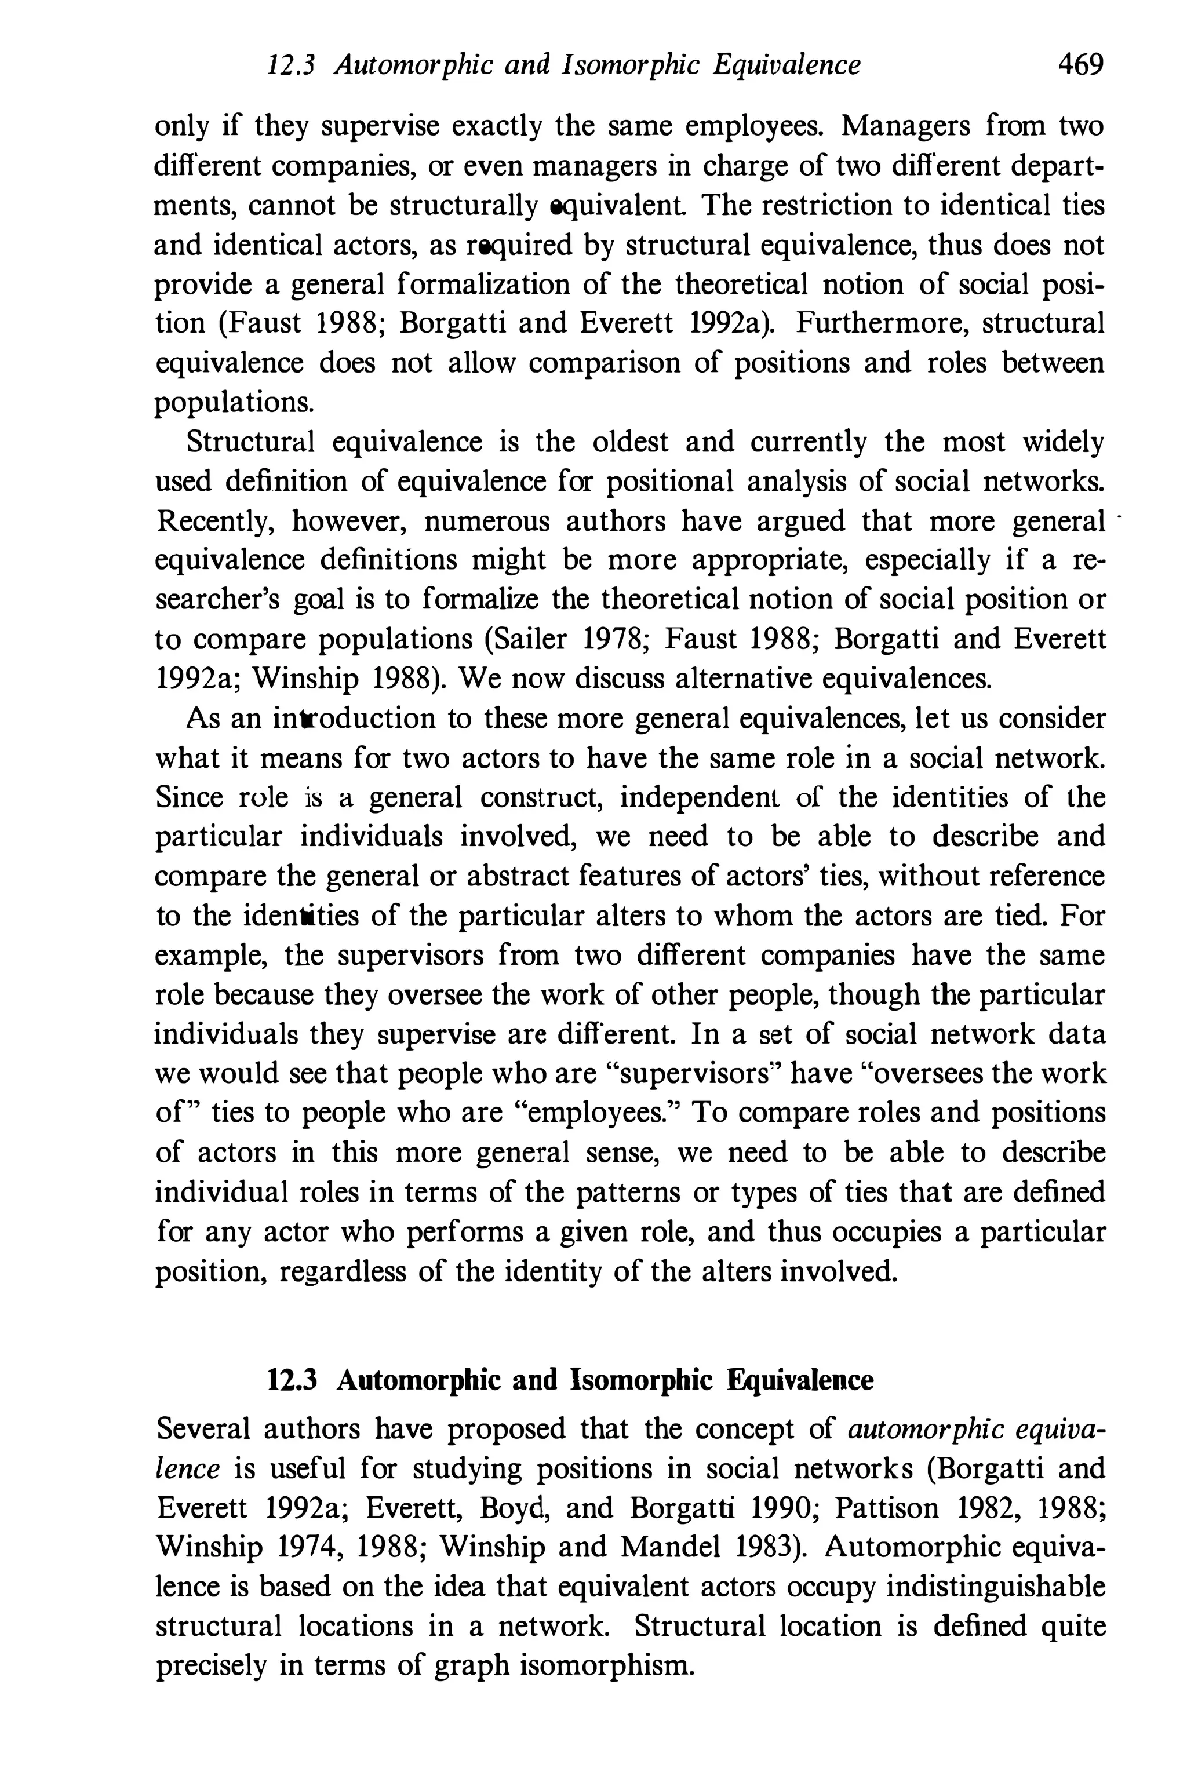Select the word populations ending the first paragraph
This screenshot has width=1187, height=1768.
pos(234,403)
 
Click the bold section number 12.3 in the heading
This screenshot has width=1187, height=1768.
pos(292,1380)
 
